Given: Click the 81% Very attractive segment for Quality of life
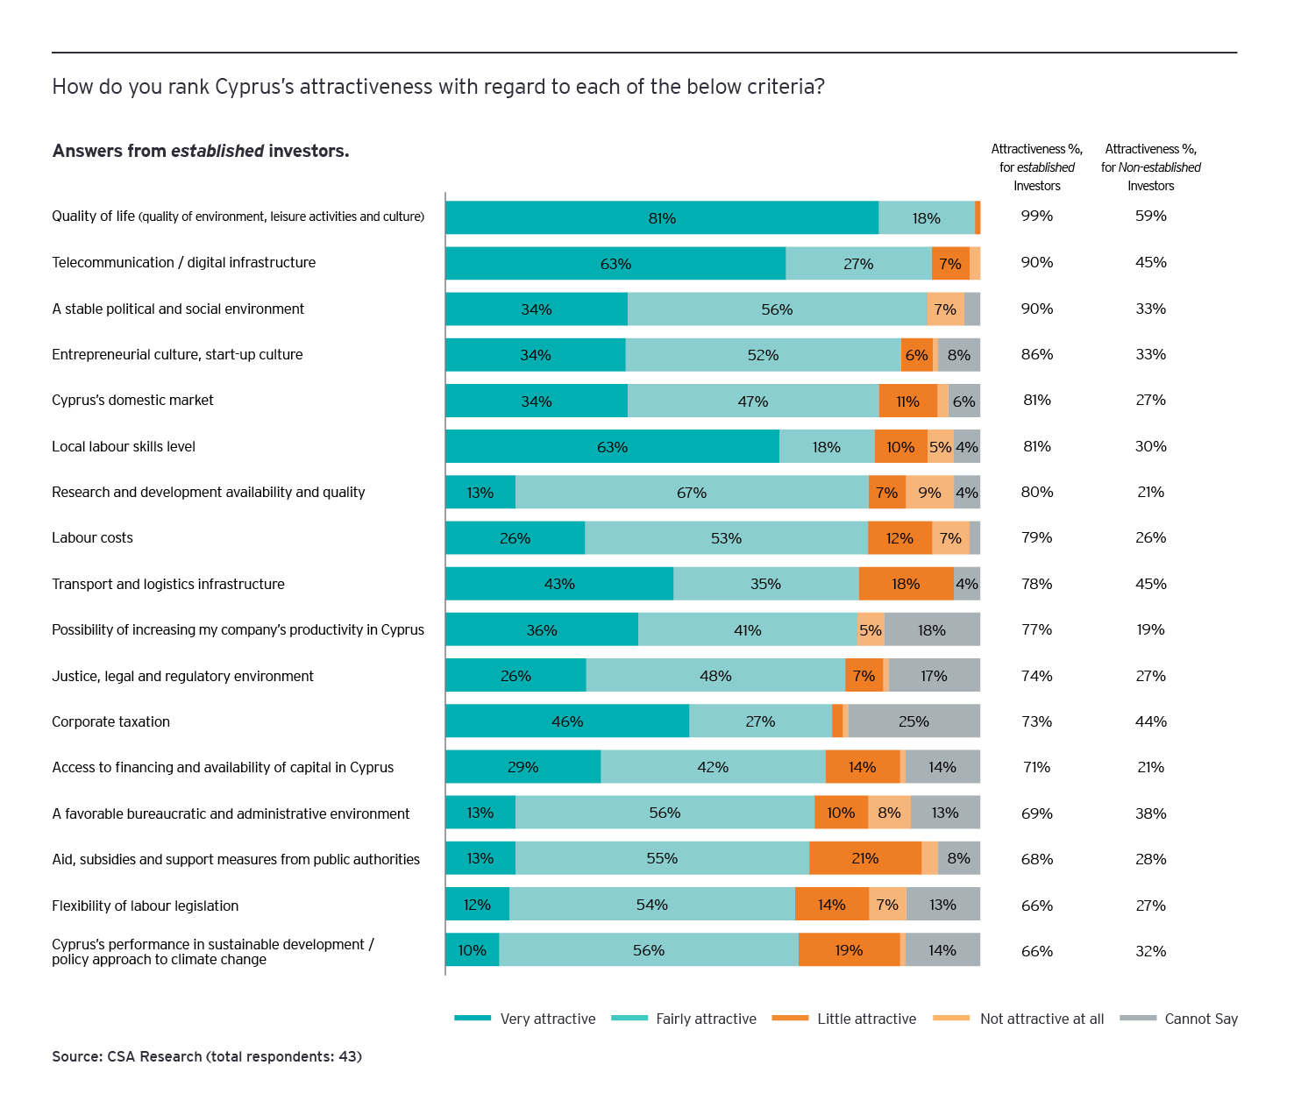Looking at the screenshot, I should [662, 218].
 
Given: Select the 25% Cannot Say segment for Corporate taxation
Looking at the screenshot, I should [914, 721].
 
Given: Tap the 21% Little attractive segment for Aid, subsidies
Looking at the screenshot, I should [864, 858].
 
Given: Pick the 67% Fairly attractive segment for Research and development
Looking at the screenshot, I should [692, 493].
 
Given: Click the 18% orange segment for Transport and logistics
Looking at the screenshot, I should [906, 584].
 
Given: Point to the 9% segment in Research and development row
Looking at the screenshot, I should [929, 493].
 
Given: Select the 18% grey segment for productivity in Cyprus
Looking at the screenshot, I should [931, 630].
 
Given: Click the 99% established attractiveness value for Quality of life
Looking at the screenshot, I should [1036, 216].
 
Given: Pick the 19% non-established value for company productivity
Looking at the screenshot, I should [1150, 629].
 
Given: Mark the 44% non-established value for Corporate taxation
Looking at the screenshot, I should [1150, 721].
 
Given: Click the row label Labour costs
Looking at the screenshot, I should [92, 537].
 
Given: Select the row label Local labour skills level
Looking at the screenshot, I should [124, 446].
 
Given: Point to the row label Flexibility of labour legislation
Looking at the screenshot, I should [145, 906].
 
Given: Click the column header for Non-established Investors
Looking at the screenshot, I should [1150, 167].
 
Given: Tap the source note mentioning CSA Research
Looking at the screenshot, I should [207, 1056].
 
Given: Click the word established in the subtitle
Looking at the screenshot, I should [217, 151].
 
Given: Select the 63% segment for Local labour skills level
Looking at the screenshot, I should [612, 447].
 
